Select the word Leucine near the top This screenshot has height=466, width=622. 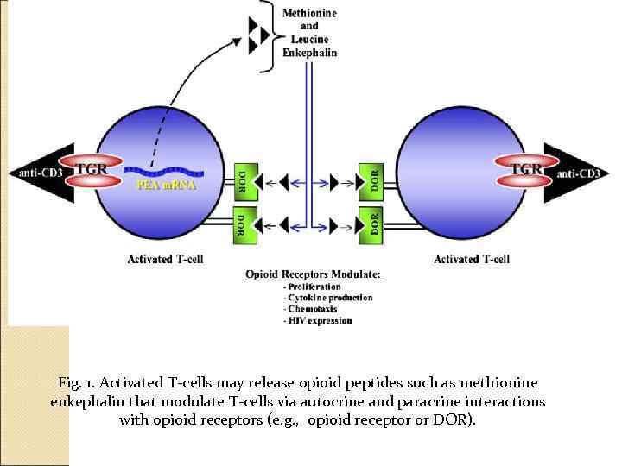click(x=309, y=39)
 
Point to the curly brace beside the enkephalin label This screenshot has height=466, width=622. click(x=275, y=31)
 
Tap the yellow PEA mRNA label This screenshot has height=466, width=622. click(x=167, y=184)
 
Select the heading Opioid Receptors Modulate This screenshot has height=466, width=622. click(x=313, y=274)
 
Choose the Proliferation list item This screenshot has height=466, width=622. click(x=314, y=287)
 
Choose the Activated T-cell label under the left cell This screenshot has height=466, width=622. click(x=165, y=259)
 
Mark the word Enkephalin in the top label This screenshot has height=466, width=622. click(x=309, y=53)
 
